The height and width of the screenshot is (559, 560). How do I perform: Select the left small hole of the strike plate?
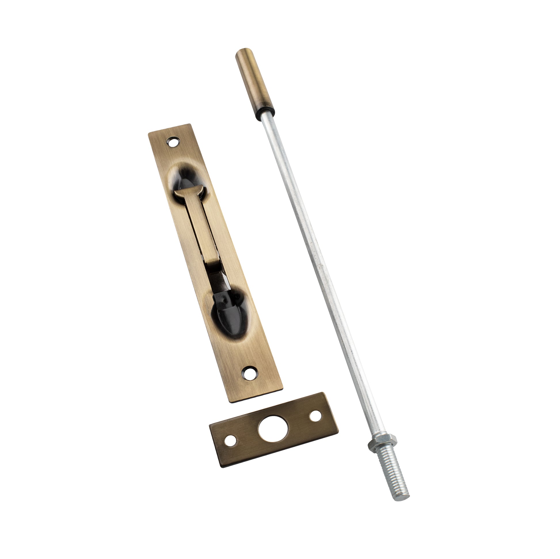tap(231, 448)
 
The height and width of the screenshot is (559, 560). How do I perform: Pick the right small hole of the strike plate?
tap(315, 416)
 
